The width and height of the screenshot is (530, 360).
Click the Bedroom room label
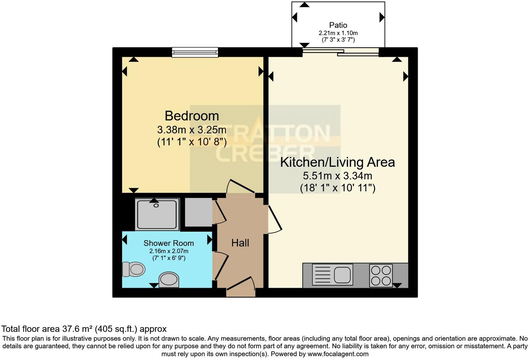pyautogui.click(x=191, y=116)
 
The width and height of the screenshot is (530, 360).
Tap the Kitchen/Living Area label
pyautogui.click(x=337, y=162)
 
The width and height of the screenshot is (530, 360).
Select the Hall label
pyautogui.click(x=240, y=243)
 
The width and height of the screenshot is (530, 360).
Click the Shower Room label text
pyautogui.click(x=168, y=243)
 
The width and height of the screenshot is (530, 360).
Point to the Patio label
pyautogui.click(x=338, y=25)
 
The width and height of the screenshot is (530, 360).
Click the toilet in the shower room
pyautogui.click(x=134, y=269)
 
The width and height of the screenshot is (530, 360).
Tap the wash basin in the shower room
pyautogui.click(x=169, y=280)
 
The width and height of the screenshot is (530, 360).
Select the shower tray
pyautogui.click(x=157, y=214)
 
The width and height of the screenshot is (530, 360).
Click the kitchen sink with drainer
pyautogui.click(x=332, y=274)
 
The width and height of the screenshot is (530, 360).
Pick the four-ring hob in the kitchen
pyautogui.click(x=381, y=275)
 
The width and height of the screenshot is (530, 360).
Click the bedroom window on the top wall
pyautogui.click(x=195, y=52)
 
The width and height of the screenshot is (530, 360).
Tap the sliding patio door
pyautogui.click(x=340, y=52)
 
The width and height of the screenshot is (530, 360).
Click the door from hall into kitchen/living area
pyautogui.click(x=274, y=220)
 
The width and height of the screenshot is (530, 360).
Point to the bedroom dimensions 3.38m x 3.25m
pyautogui.click(x=191, y=130)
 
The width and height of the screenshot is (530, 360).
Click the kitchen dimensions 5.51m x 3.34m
pyautogui.click(x=337, y=175)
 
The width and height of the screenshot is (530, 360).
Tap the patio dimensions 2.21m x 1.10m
pyautogui.click(x=338, y=33)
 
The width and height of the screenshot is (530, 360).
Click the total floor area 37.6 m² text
pyautogui.click(x=84, y=329)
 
